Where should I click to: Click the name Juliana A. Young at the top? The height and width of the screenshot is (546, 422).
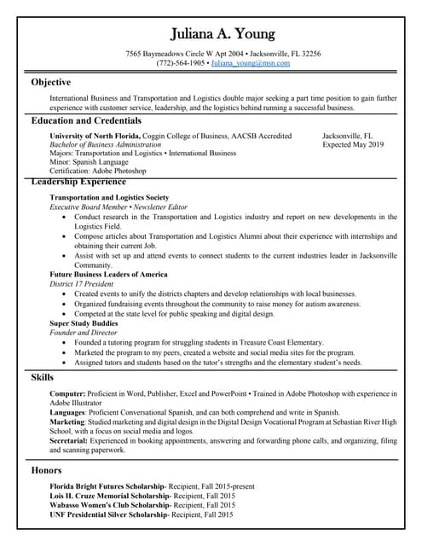coord(223,35)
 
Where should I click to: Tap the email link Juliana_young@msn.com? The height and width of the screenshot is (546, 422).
coord(251,63)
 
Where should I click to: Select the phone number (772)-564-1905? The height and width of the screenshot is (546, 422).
coord(181,63)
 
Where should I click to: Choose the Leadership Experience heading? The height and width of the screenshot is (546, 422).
coord(78,182)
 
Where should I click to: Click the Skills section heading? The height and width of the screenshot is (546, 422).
coord(43,376)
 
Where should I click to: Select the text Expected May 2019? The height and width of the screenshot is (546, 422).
coord(353,145)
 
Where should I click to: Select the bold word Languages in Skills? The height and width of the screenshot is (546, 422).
coord(68,412)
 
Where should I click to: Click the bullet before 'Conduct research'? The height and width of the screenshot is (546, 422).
coord(66,218)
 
